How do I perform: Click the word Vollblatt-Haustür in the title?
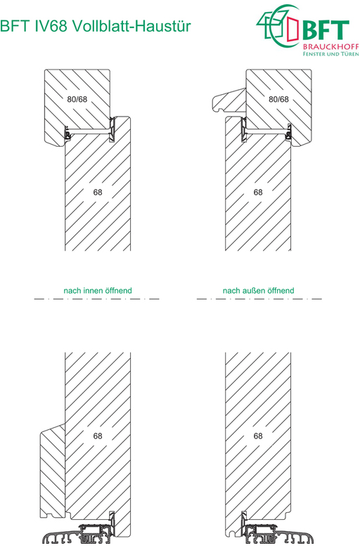[131, 26]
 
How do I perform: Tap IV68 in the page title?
[51, 26]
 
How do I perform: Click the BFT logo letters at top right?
[325, 30]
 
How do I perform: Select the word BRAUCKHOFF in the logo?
[331, 47]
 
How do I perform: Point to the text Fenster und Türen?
[331, 54]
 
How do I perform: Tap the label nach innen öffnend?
[98, 290]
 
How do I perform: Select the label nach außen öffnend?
[259, 290]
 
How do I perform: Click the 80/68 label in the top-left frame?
[77, 99]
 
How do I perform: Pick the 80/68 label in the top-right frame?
[278, 99]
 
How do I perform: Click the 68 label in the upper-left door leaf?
[98, 193]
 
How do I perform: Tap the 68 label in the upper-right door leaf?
[258, 193]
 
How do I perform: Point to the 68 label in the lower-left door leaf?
[98, 436]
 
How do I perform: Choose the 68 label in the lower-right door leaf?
[258, 436]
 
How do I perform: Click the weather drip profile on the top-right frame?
[229, 100]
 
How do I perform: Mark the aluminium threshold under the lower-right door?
[273, 535]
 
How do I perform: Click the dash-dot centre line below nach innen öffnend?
[97, 299]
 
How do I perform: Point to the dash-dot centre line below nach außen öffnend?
[259, 299]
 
